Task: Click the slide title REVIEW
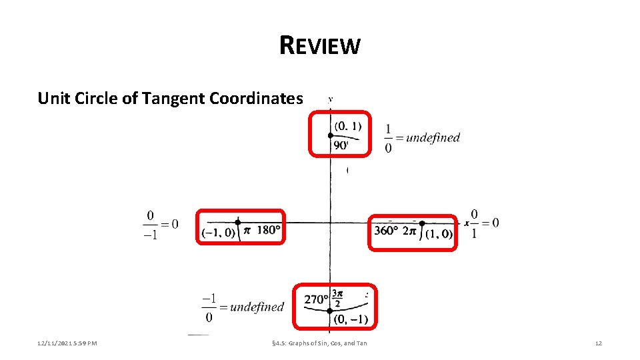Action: (320, 45)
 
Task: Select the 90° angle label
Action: (341, 145)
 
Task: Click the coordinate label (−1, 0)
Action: (219, 233)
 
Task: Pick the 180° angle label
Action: (268, 231)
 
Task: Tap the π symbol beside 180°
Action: (247, 231)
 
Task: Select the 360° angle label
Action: (386, 231)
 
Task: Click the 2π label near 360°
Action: (409, 231)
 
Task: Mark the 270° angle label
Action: (316, 299)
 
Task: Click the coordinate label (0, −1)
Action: (350, 319)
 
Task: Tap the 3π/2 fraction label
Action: (337, 298)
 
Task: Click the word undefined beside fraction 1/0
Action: (433, 138)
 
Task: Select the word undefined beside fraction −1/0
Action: (257, 307)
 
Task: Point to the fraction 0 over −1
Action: (151, 225)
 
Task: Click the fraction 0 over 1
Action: (473, 223)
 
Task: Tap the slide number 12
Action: (598, 343)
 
